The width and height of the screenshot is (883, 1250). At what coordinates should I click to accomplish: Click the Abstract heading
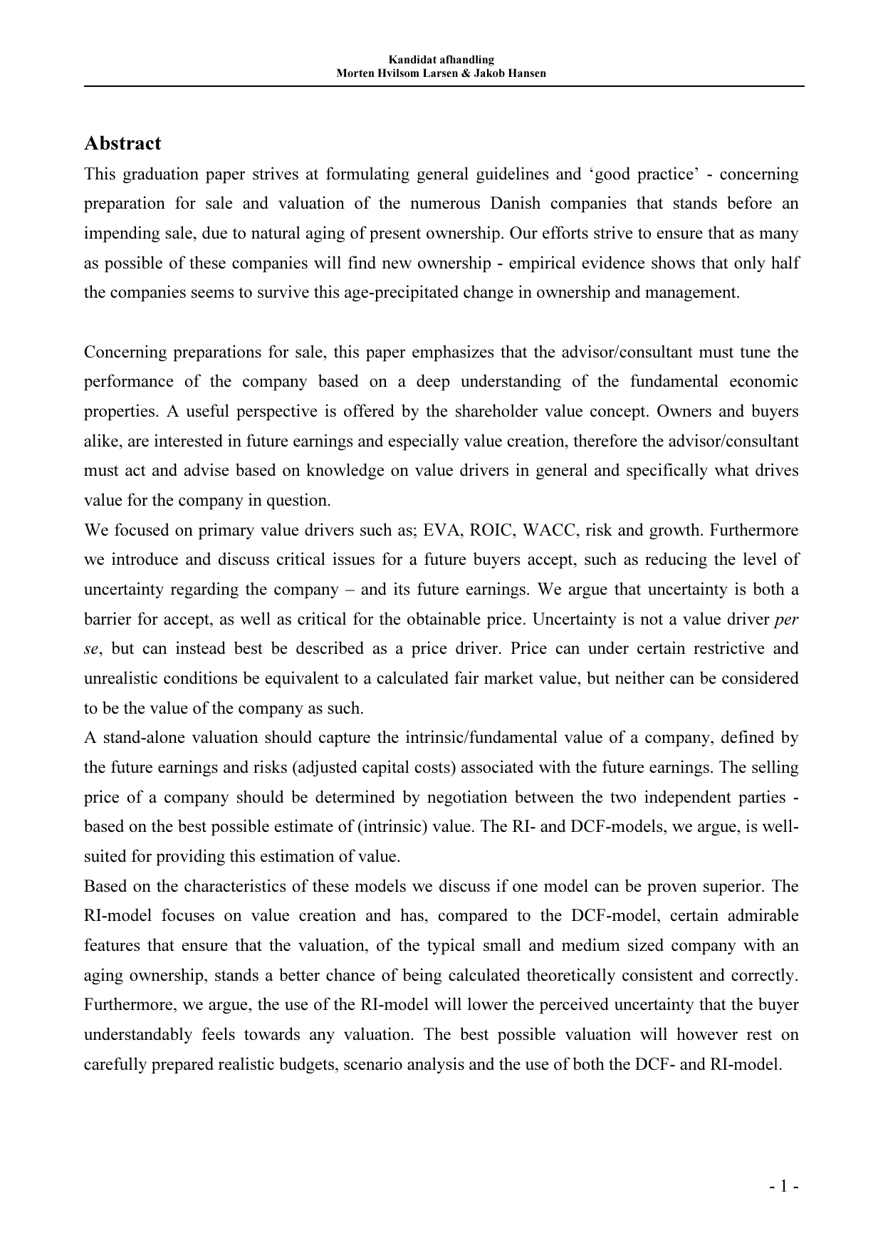[x=122, y=143]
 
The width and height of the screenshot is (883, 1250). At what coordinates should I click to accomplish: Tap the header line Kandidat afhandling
[x=441, y=60]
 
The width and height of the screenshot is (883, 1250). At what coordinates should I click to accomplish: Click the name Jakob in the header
[x=489, y=73]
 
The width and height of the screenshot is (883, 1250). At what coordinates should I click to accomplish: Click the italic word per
[x=786, y=619]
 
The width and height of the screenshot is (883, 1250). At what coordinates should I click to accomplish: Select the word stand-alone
[x=140, y=738]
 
